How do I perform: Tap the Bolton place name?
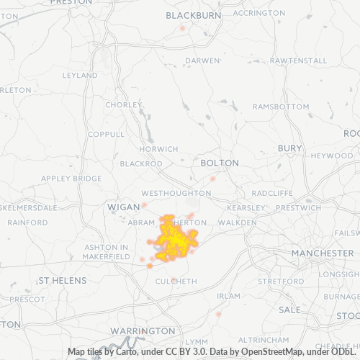pyautogui.click(x=220, y=163)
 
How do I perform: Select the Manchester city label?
pyautogui.click(x=322, y=254)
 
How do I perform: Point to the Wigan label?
pyautogui.click(x=122, y=207)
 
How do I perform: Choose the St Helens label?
pyautogui.click(x=63, y=280)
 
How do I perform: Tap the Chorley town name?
pyautogui.click(x=124, y=104)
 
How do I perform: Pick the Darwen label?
pyautogui.click(x=202, y=60)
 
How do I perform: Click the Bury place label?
pyautogui.click(x=290, y=148)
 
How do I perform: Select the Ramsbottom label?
pyautogui.click(x=280, y=107)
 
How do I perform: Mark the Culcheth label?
pyautogui.click(x=176, y=281)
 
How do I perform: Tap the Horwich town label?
pyautogui.click(x=158, y=149)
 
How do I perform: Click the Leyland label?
pyautogui.click(x=80, y=75)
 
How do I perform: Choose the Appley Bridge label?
pyautogui.click(x=71, y=179)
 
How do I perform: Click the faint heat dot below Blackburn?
pyautogui.click(x=183, y=28)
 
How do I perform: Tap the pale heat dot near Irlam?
pyautogui.click(x=218, y=314)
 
